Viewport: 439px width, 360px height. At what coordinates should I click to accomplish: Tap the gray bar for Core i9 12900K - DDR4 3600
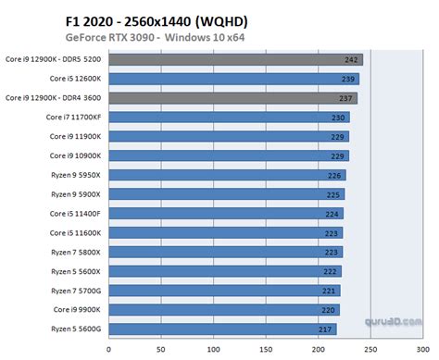pos(232,98)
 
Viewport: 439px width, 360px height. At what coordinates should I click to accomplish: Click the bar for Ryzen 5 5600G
pos(223,329)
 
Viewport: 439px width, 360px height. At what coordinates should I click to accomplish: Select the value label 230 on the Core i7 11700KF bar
pos(340,118)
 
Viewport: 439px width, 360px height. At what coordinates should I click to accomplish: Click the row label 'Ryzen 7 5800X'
pos(74,252)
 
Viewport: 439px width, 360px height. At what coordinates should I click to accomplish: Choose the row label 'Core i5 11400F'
pos(74,213)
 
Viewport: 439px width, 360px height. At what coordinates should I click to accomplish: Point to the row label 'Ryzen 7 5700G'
pos(74,290)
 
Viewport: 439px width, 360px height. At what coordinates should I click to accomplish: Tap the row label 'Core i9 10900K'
pos(74,155)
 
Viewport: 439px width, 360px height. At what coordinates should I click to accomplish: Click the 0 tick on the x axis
pos(109,351)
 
